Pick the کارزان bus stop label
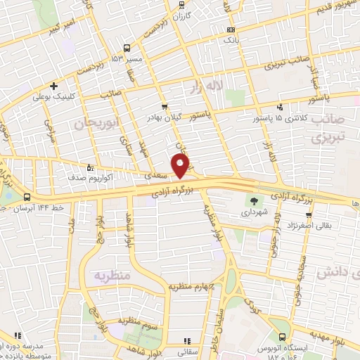181,15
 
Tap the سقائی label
186,348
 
